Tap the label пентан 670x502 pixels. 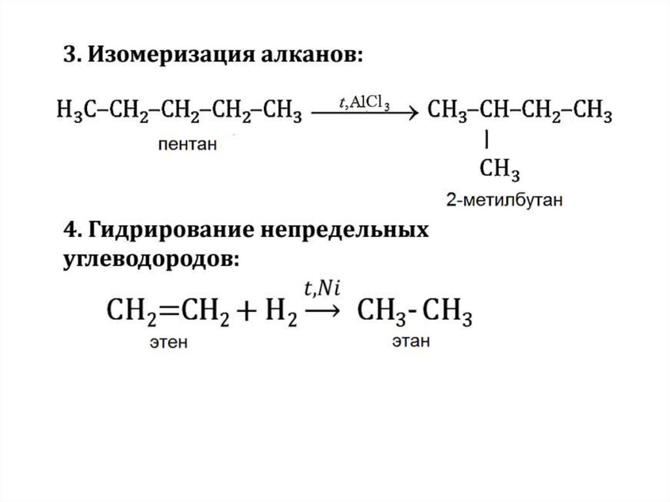(x=186, y=144)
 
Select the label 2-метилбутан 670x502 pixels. (x=504, y=200)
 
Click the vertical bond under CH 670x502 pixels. (x=488, y=139)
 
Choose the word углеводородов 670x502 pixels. (x=150, y=259)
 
